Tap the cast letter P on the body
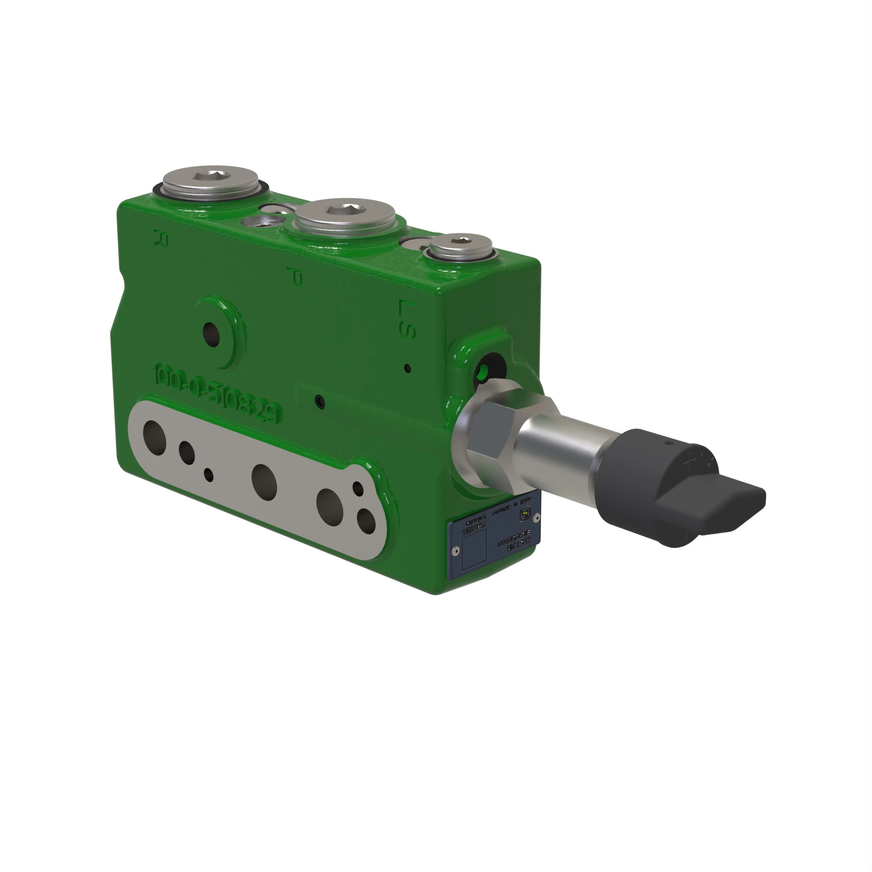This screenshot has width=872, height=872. point(295,276)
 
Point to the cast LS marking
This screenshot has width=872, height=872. point(407,319)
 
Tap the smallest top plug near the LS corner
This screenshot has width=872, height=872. point(460,247)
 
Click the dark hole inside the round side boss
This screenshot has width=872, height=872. point(211,334)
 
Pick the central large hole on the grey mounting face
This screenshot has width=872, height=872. point(264,482)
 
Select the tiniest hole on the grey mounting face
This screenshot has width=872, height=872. point(208,474)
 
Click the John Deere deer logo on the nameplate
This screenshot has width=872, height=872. point(526,514)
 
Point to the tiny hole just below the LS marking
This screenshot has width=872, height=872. point(408,368)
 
